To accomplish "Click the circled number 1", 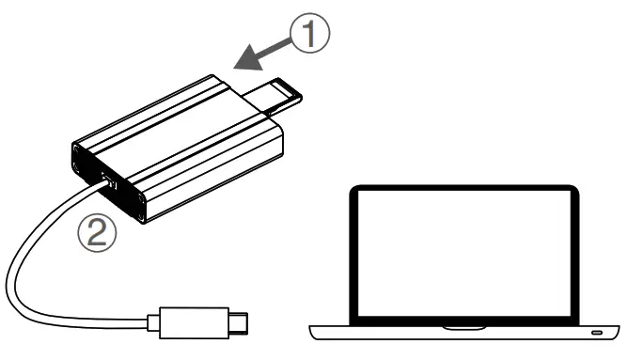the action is point(309,35).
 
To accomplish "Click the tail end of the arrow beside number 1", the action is point(288,43).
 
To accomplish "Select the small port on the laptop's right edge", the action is point(596,335).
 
